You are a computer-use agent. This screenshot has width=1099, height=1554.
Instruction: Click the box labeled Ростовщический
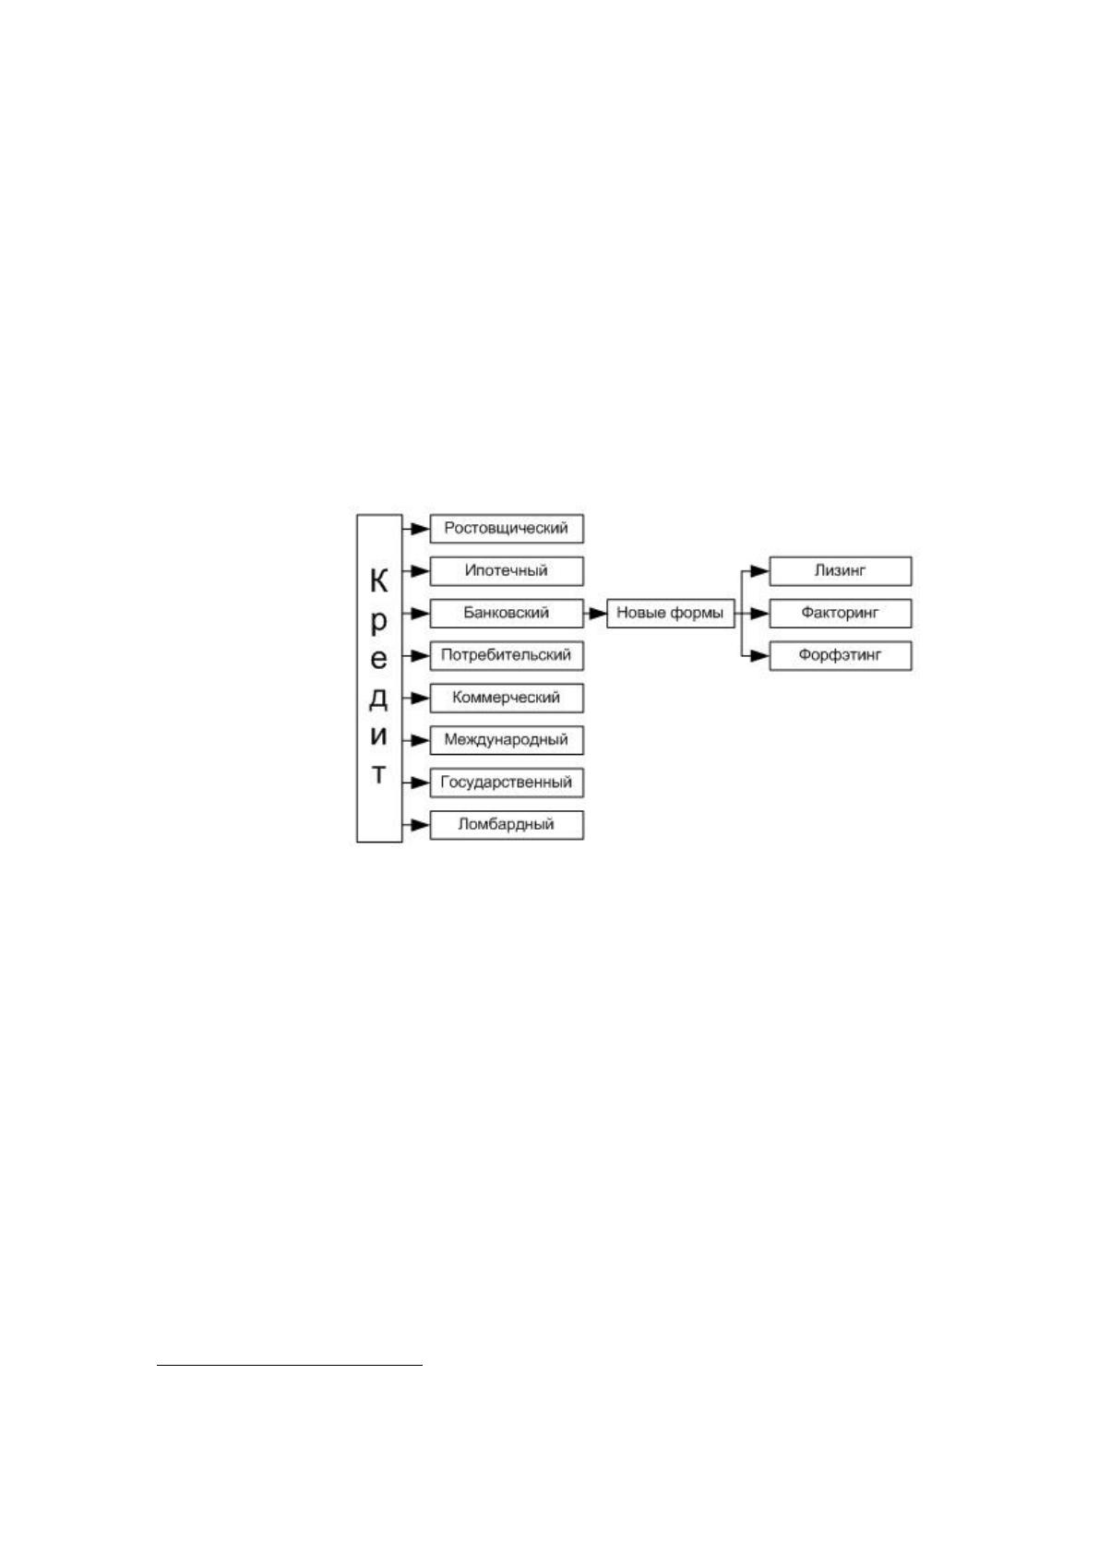(x=507, y=529)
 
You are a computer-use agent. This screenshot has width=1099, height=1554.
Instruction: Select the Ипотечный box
(x=507, y=571)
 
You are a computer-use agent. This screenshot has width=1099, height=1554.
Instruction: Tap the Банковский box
(x=507, y=614)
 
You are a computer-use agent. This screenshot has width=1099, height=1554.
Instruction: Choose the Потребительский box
(x=507, y=655)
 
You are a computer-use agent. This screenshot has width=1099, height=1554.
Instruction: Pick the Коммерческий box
(x=507, y=698)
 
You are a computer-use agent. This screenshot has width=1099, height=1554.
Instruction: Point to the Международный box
(x=507, y=740)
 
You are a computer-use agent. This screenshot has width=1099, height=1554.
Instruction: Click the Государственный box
(x=507, y=783)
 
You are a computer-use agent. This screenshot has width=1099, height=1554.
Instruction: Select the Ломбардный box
(x=507, y=825)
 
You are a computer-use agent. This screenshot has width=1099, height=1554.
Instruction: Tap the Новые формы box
(x=670, y=614)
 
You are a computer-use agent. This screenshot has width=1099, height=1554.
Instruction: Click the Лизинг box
(x=841, y=571)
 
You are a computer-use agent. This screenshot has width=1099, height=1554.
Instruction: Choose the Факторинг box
(x=841, y=614)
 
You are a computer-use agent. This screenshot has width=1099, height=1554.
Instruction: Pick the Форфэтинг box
(x=841, y=655)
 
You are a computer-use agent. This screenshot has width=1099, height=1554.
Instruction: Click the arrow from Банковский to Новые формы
(x=595, y=614)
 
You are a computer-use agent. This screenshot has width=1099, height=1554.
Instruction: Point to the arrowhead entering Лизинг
(x=760, y=571)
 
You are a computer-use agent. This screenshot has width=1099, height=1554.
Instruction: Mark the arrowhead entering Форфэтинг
(x=760, y=655)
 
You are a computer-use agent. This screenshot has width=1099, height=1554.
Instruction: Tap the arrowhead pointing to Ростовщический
(x=421, y=529)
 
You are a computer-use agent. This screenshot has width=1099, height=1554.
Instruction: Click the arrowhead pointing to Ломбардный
(x=421, y=825)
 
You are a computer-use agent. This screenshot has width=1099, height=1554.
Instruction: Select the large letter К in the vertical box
(x=379, y=580)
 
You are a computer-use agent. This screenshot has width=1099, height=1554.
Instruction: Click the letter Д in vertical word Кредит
(x=379, y=698)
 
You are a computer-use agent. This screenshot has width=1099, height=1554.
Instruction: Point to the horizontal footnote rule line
(x=290, y=1366)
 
